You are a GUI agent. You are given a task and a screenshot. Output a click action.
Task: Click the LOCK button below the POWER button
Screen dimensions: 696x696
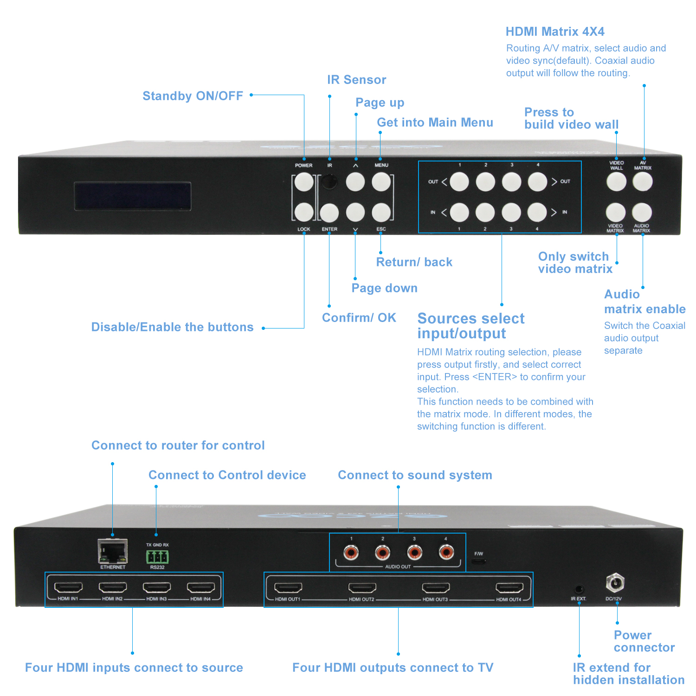[304, 212]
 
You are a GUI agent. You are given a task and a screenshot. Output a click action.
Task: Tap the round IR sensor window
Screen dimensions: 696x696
[329, 181]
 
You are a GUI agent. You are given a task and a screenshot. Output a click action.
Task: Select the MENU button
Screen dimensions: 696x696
[381, 182]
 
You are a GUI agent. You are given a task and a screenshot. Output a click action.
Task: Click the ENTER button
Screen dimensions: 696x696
[329, 213]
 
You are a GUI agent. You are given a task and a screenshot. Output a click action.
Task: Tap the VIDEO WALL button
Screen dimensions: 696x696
[616, 182]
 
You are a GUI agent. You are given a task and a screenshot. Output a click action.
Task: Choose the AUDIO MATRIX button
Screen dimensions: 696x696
[642, 213]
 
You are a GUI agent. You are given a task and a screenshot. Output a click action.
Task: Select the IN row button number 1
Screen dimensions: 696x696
[459, 213]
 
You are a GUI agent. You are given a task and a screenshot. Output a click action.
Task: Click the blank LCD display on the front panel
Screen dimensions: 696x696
[133, 196]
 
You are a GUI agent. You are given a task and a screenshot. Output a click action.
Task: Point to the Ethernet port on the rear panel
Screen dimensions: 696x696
[113, 551]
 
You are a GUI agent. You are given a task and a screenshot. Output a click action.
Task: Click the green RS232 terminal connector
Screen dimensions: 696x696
[157, 556]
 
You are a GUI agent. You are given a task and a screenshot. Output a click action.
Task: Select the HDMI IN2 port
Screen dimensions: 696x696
[113, 588]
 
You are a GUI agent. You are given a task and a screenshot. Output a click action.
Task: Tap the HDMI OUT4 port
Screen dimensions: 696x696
[509, 588]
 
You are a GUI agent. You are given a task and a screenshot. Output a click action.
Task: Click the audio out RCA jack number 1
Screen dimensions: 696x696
[351, 552]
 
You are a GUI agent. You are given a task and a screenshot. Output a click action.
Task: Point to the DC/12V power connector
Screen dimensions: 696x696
[615, 583]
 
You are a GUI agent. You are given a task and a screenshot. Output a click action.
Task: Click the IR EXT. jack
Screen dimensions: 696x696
[579, 589]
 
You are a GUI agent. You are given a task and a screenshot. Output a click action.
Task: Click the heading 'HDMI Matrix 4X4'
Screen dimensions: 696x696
[555, 32]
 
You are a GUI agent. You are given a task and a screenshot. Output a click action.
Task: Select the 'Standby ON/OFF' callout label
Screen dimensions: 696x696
[193, 96]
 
